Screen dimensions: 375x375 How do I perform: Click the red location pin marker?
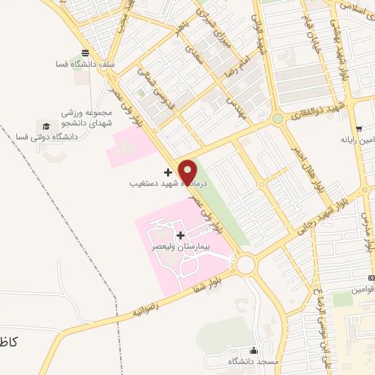[x=188, y=171]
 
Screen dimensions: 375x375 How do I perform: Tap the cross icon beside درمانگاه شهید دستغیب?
[x=168, y=173]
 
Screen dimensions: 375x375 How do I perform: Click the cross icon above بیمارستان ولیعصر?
[x=180, y=235]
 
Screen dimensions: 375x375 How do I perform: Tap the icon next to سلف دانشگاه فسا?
[x=86, y=53]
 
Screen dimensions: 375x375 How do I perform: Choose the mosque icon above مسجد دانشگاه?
[x=254, y=350]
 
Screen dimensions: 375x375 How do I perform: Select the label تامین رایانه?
[x=356, y=138]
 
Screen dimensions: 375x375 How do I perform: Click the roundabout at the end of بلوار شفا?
[x=245, y=263]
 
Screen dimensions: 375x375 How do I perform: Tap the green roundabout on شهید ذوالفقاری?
[x=277, y=118]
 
